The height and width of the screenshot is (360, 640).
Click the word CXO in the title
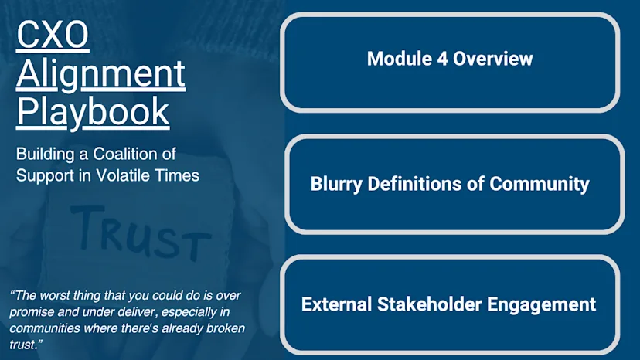[x=53, y=36]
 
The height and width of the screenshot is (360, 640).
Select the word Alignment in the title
[x=100, y=74]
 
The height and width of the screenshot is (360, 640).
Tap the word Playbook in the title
[x=93, y=110]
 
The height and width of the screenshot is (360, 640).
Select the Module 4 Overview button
[x=450, y=59]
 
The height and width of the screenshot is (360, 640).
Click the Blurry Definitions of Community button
[x=450, y=184]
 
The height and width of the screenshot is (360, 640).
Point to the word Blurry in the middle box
[x=338, y=184]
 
